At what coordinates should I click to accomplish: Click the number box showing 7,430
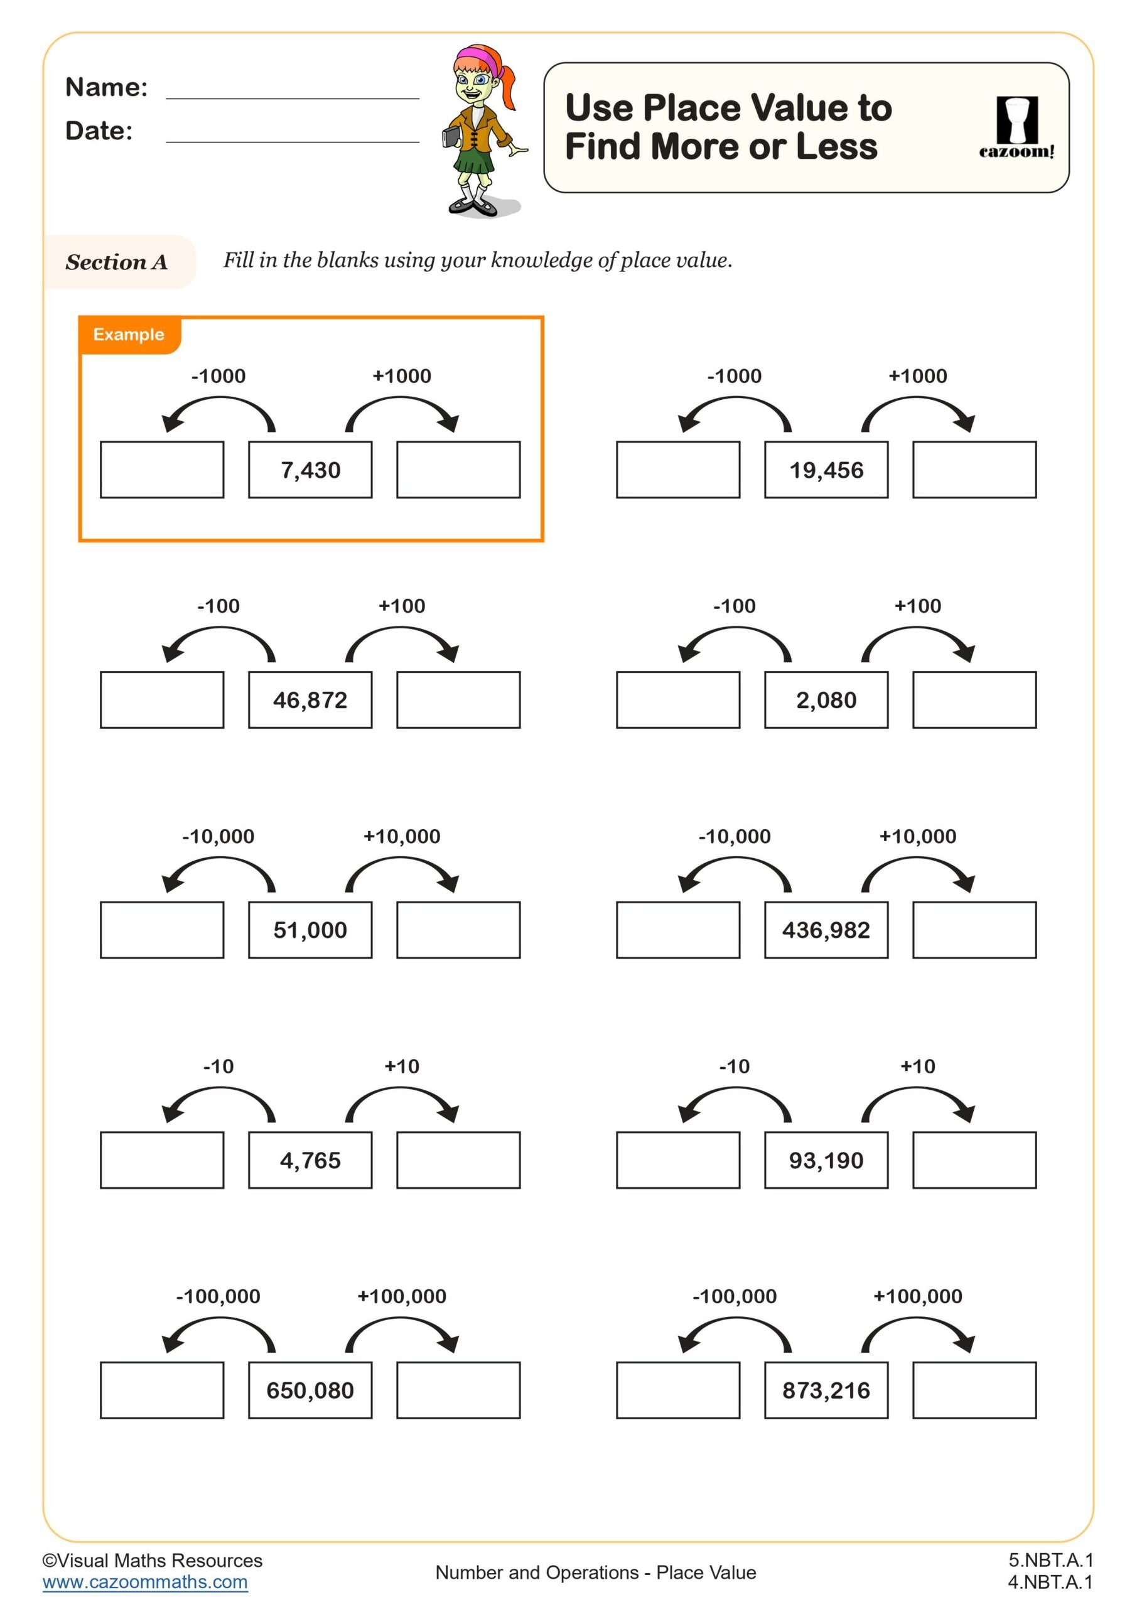tap(310, 470)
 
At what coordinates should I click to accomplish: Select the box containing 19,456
tap(826, 470)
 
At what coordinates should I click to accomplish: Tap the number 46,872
tap(310, 700)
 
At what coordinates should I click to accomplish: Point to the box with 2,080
tap(826, 700)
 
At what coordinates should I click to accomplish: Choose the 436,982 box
tap(826, 930)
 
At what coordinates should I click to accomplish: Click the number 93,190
tap(826, 1160)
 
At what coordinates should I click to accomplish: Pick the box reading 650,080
tap(310, 1390)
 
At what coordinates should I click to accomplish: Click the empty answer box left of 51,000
tap(162, 930)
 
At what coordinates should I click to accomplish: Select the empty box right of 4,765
tap(458, 1160)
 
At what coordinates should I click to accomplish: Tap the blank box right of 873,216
tap(974, 1390)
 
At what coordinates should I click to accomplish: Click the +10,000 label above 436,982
tap(917, 836)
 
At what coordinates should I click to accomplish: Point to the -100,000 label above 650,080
tap(218, 1296)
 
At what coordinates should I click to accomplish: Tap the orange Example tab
tap(129, 335)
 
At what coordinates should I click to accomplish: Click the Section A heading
tap(116, 262)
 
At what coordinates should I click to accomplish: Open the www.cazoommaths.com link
tap(145, 1582)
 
